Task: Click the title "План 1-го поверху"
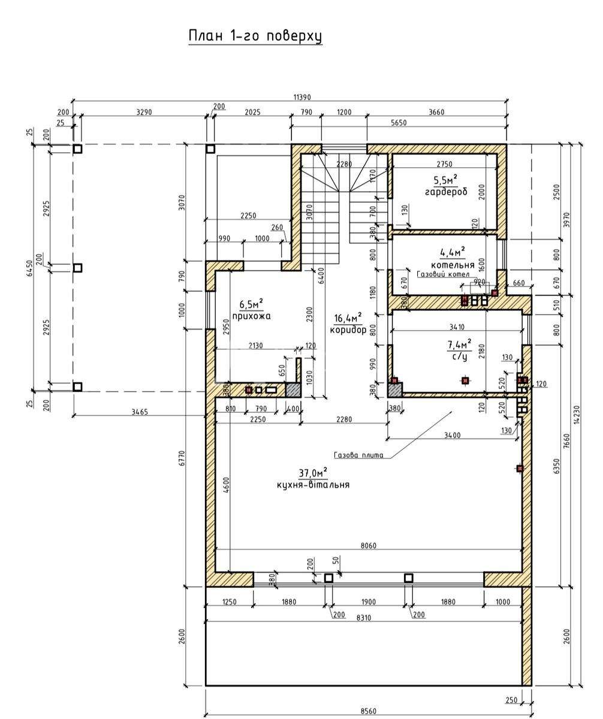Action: (x=255, y=37)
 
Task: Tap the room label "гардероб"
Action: (x=446, y=192)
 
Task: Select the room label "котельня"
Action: (x=453, y=265)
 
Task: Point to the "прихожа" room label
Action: (x=251, y=316)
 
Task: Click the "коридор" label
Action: (x=348, y=330)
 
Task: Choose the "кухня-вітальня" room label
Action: (x=313, y=485)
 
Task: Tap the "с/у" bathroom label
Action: (x=459, y=357)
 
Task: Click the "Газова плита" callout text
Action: (x=358, y=455)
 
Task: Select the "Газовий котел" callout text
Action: (x=443, y=274)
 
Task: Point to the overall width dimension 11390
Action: (x=302, y=98)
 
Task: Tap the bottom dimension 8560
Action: (x=369, y=711)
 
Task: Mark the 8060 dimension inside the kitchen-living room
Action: (x=369, y=545)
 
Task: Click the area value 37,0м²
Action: (x=313, y=473)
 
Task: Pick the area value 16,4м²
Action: (x=348, y=317)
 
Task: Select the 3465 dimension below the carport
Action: (x=140, y=412)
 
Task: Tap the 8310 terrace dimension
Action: (x=363, y=618)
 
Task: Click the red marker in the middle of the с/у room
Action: (x=465, y=380)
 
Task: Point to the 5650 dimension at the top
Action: (x=399, y=123)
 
